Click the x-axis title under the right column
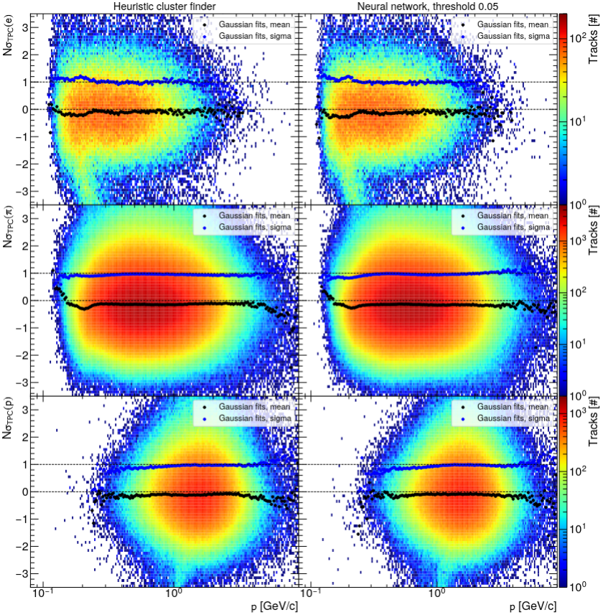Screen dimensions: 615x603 pos(532,606)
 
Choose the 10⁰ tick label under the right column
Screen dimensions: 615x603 pos(436,596)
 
